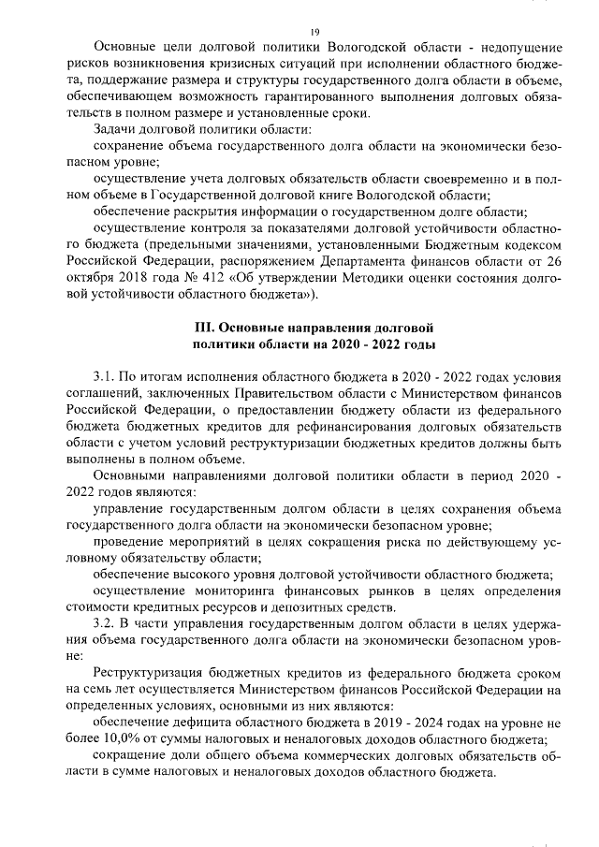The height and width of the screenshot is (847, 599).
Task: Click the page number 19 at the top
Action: (314, 33)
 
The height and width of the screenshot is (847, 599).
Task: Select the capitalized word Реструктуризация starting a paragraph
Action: (155, 674)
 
